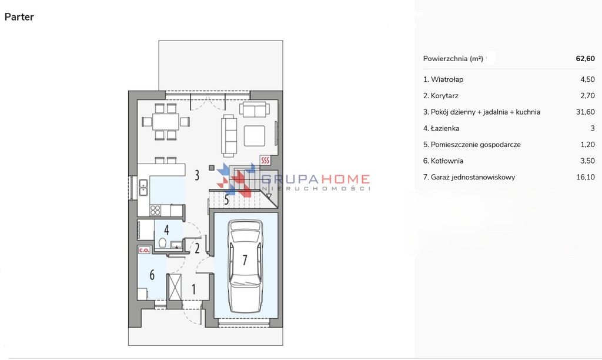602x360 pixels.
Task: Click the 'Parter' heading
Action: pyautogui.click(x=19, y=17)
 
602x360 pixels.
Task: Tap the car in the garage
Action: pyautogui.click(x=245, y=266)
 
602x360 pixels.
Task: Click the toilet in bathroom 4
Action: pyautogui.click(x=162, y=243)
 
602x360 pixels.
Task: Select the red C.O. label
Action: pyautogui.click(x=144, y=250)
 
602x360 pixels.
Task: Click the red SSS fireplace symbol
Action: pyautogui.click(x=265, y=160)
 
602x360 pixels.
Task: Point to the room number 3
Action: pyautogui.click(x=197, y=175)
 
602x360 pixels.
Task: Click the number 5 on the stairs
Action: pyautogui.click(x=226, y=200)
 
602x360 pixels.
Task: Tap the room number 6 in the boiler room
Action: pyautogui.click(x=152, y=275)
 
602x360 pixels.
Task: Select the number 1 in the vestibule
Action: pyautogui.click(x=193, y=289)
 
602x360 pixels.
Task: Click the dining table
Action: pyautogui.click(x=166, y=122)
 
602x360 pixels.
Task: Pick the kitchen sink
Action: pyautogui.click(x=143, y=188)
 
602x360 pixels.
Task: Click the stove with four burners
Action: pyautogui.click(x=155, y=210)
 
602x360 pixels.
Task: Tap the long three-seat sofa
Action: pyautogui.click(x=229, y=135)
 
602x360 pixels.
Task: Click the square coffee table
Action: pyautogui.click(x=254, y=136)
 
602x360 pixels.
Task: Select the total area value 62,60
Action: pyautogui.click(x=585, y=58)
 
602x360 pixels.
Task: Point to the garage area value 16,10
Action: pyautogui.click(x=586, y=177)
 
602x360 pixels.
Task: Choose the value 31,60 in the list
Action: pyautogui.click(x=586, y=112)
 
